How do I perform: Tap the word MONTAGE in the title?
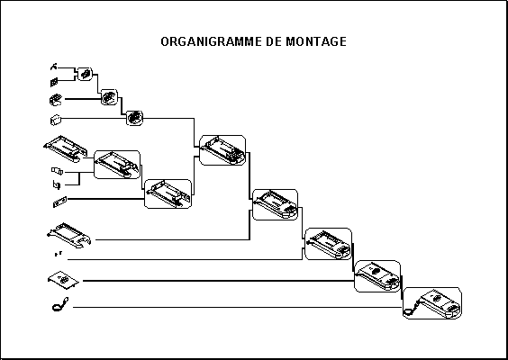click(316, 41)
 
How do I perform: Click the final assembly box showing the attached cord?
click(432, 303)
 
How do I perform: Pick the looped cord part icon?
click(60, 304)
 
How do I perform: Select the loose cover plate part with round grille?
click(63, 279)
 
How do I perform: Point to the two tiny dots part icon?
click(59, 254)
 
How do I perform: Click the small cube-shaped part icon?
click(56, 120)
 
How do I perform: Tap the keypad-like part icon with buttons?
click(56, 100)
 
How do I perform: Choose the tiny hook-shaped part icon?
click(54, 67)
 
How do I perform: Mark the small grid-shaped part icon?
click(54, 82)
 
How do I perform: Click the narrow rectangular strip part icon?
click(60, 202)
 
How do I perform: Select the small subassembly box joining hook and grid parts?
click(86, 74)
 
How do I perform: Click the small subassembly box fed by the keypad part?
click(109, 97)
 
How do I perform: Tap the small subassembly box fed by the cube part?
click(134, 118)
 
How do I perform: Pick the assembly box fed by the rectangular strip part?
click(168, 193)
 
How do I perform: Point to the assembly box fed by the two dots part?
click(328, 244)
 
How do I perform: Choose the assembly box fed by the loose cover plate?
click(377, 276)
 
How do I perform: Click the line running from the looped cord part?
click(238, 307)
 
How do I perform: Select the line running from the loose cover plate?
click(218, 281)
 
